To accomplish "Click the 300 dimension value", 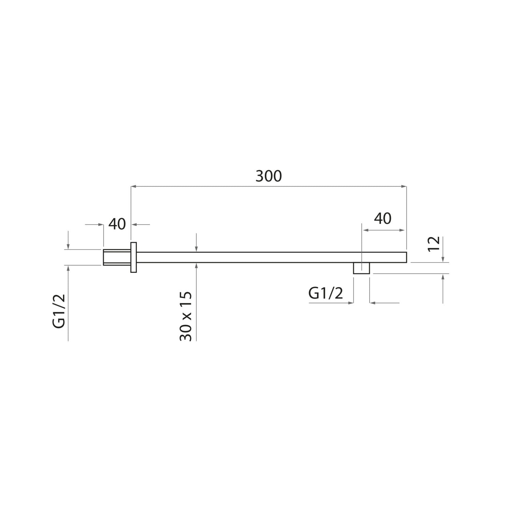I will tap(269, 176).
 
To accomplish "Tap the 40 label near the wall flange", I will tap(117, 224).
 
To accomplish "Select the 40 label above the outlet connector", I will tap(382, 218).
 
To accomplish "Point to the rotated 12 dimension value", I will tap(434, 244).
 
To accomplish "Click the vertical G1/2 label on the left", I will tap(59, 311).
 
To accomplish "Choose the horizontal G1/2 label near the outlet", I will tap(326, 293).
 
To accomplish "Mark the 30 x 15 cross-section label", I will tap(186, 316).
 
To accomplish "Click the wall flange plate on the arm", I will tap(133, 257).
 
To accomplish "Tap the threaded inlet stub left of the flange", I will tap(116, 257).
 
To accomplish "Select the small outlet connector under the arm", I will tap(361, 268).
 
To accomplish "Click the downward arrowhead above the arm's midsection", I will tap(197, 249).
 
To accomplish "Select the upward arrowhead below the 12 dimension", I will tap(443, 276).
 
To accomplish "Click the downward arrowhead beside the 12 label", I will tap(443, 260).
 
